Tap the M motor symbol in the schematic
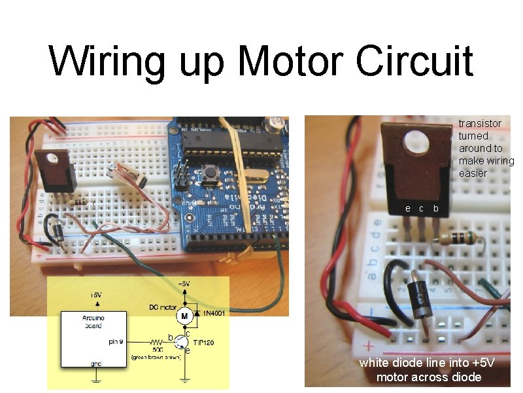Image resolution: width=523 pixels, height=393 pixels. tap(186, 316)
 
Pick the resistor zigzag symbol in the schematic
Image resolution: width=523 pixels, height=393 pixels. tap(157, 342)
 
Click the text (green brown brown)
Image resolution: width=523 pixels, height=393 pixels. tap(156, 357)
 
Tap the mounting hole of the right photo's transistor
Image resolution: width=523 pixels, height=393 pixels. tap(413, 142)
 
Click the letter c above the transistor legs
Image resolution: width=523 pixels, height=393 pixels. tap(422, 209)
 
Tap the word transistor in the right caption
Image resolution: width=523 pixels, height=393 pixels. tap(480, 123)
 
